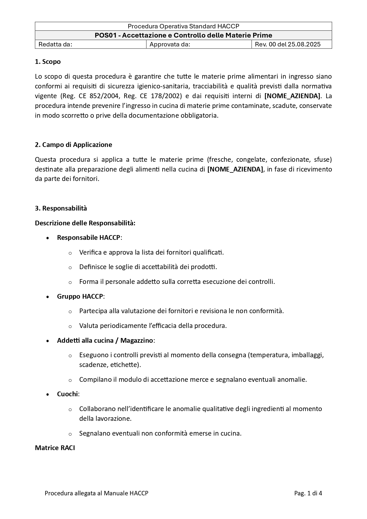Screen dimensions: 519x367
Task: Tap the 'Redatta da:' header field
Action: coord(55,44)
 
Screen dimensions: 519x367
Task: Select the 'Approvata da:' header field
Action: coord(170,44)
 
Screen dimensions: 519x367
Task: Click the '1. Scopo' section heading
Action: coord(48,62)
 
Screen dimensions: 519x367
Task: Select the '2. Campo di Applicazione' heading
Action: coord(73,145)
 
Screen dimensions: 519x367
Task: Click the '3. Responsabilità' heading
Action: coord(61,208)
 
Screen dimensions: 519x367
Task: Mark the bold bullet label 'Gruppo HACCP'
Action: coord(80,296)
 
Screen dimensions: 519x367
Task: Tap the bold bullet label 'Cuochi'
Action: coord(67,394)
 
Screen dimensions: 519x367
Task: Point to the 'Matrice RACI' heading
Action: coord(55,448)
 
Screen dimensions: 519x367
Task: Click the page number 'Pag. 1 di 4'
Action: coord(308,493)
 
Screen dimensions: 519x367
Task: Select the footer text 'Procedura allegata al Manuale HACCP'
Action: coord(96,493)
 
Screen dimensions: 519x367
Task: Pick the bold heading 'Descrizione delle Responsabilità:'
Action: coord(85,223)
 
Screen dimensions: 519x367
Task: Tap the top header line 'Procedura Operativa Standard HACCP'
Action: coord(183,26)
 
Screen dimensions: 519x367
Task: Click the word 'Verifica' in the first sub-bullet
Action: coord(90,252)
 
